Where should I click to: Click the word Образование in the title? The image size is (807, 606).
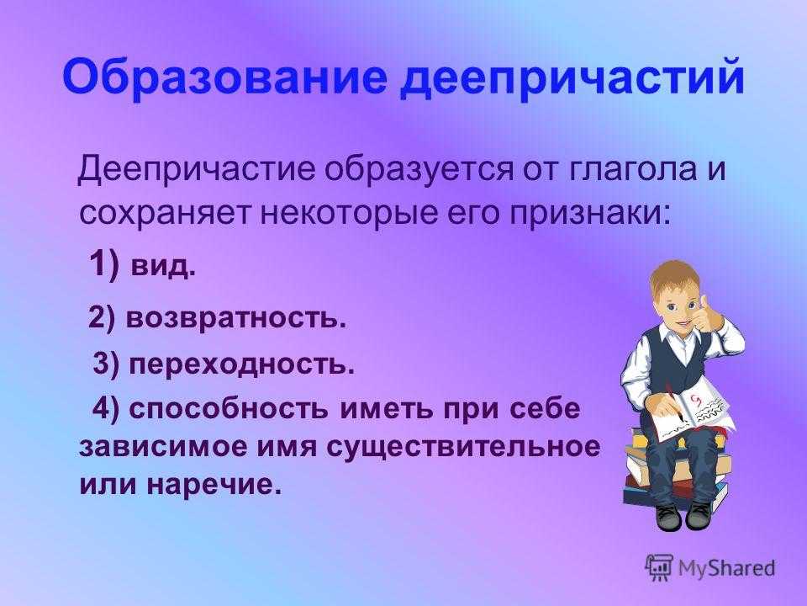[x=224, y=78]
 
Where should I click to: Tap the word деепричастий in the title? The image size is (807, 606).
[x=572, y=78]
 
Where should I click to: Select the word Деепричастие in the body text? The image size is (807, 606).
[x=196, y=169]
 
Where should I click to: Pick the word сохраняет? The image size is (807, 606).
[x=164, y=212]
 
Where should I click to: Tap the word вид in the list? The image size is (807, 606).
[x=162, y=266]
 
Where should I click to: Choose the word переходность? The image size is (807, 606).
[x=241, y=364]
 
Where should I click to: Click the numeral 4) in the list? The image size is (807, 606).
[x=106, y=409]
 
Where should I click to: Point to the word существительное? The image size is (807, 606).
[x=463, y=447]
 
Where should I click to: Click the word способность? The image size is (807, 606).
[x=228, y=409]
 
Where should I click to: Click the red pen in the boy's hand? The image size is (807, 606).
[x=675, y=402]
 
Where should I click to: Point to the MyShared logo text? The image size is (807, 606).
[x=726, y=567]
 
